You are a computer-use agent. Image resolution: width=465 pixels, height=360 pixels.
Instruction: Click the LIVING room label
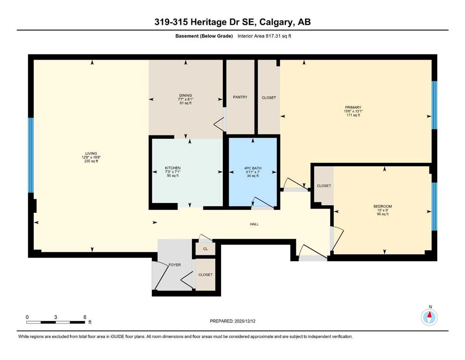point(91,154)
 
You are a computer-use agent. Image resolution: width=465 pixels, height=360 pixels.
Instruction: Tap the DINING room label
point(185,96)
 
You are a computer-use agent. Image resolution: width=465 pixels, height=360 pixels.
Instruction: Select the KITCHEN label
point(173,168)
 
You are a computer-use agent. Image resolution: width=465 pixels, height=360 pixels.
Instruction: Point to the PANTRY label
point(240,97)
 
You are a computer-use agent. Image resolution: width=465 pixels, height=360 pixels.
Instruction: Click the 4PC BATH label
point(253,168)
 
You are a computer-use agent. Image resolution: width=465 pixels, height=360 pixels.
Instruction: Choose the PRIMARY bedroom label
point(353,107)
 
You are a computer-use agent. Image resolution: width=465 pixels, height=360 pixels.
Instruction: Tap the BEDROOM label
point(383,206)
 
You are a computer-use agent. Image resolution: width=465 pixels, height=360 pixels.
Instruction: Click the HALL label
point(254,224)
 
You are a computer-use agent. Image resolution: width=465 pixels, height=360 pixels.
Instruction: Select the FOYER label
point(175,265)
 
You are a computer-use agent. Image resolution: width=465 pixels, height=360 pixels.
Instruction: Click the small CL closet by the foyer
point(206,249)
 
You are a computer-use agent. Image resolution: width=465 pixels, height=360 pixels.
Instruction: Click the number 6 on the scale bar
point(85,317)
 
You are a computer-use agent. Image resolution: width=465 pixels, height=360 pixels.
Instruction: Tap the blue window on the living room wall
point(31,155)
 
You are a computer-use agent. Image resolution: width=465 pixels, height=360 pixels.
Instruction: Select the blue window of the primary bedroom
point(434,105)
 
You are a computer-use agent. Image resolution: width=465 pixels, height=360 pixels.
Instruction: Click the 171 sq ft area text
point(353,115)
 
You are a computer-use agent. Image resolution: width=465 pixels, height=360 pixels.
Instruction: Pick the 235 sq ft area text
point(91,161)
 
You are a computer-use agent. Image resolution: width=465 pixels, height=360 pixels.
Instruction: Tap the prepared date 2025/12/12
point(245,321)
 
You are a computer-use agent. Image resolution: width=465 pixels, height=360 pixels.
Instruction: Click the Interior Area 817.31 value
point(264,36)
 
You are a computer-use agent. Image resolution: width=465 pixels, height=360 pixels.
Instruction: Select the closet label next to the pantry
point(269,97)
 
